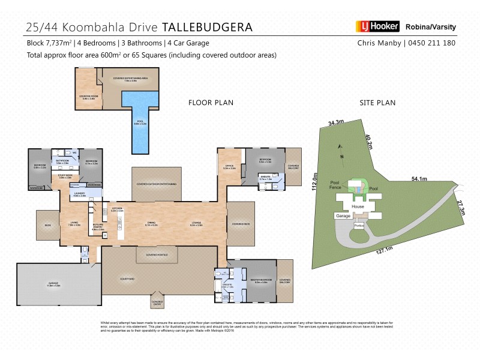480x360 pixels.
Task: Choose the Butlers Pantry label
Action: tap(98, 229)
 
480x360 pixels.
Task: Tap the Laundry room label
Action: tap(80, 195)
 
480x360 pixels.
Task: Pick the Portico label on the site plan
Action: tap(359, 226)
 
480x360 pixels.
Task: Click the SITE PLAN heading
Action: tap(377, 103)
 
